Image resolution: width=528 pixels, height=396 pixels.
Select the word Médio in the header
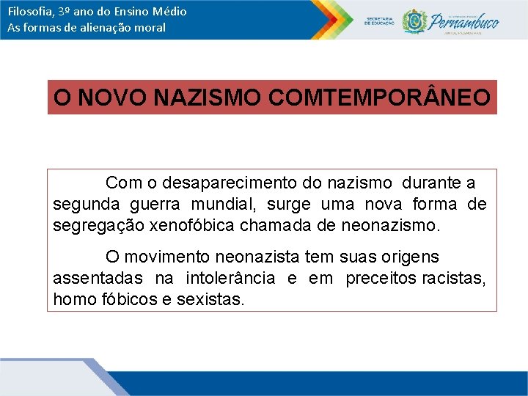coord(168,12)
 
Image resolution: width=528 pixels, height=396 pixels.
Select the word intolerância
coord(230,279)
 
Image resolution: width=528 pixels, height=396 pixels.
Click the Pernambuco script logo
coord(464,21)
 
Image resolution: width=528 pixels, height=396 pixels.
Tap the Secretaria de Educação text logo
coord(379,21)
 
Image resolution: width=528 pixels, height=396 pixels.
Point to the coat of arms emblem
coord(415,20)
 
